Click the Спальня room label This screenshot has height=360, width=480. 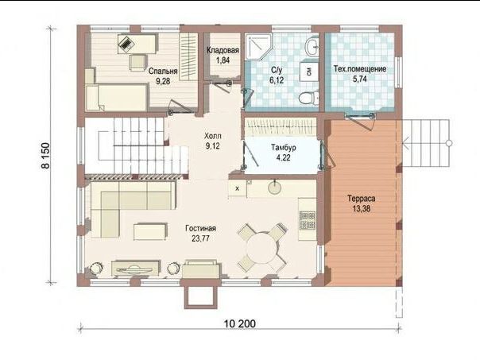coord(163,71)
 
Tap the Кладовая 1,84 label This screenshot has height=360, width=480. coord(223,55)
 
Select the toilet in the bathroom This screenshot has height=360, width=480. coord(307,99)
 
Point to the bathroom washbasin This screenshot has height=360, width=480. coord(312,47)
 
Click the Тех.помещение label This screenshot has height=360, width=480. coord(360,69)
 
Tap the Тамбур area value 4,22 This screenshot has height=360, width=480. coord(283,158)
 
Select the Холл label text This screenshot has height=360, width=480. coord(213,136)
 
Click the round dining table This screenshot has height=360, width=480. coord(261,247)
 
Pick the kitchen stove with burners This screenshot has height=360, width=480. coord(307,221)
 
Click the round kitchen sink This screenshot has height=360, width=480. coord(274,188)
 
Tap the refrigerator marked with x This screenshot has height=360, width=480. coord(237,189)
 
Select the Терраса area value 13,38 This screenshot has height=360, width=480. coord(362,209)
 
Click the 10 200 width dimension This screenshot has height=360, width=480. coord(240,323)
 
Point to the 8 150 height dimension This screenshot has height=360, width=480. coord(45,156)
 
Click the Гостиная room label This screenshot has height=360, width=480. coord(200,228)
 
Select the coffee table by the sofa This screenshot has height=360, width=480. coord(151,231)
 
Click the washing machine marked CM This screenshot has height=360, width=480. coord(308,72)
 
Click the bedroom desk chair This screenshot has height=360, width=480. coord(137,62)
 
